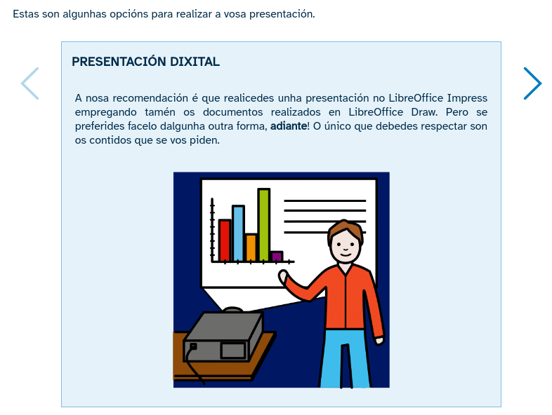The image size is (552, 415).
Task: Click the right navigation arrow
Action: pyautogui.click(x=532, y=83)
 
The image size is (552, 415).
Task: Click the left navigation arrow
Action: pyautogui.click(x=30, y=83)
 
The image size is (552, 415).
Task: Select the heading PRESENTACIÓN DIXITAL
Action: pyautogui.click(x=145, y=62)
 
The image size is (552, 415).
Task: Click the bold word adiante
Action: pyautogui.click(x=289, y=126)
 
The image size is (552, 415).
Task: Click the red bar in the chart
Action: pyautogui.click(x=225, y=240)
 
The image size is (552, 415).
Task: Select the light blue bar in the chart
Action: pyautogui.click(x=238, y=233)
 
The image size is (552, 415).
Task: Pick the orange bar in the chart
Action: pyautogui.click(x=251, y=247)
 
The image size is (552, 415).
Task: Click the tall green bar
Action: pyautogui.click(x=263, y=224)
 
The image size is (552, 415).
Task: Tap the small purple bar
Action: pyautogui.click(x=277, y=256)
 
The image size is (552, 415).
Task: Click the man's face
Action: pyautogui.click(x=345, y=247)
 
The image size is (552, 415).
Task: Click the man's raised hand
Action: pyautogui.click(x=284, y=278)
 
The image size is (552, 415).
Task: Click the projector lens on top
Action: pyautogui.click(x=233, y=310)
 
